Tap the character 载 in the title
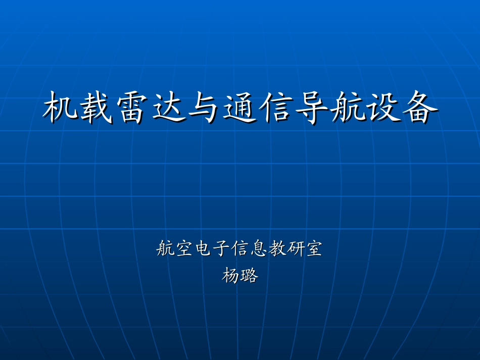97,108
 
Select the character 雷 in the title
132,108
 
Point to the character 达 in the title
168,108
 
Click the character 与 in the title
204,108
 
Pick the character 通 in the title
240,108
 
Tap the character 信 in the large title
276,108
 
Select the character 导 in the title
312,108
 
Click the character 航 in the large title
348,108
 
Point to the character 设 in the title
383,108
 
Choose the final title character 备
419,108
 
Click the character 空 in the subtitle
184,249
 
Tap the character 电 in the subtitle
203,249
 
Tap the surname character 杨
231,276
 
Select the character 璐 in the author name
250,276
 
